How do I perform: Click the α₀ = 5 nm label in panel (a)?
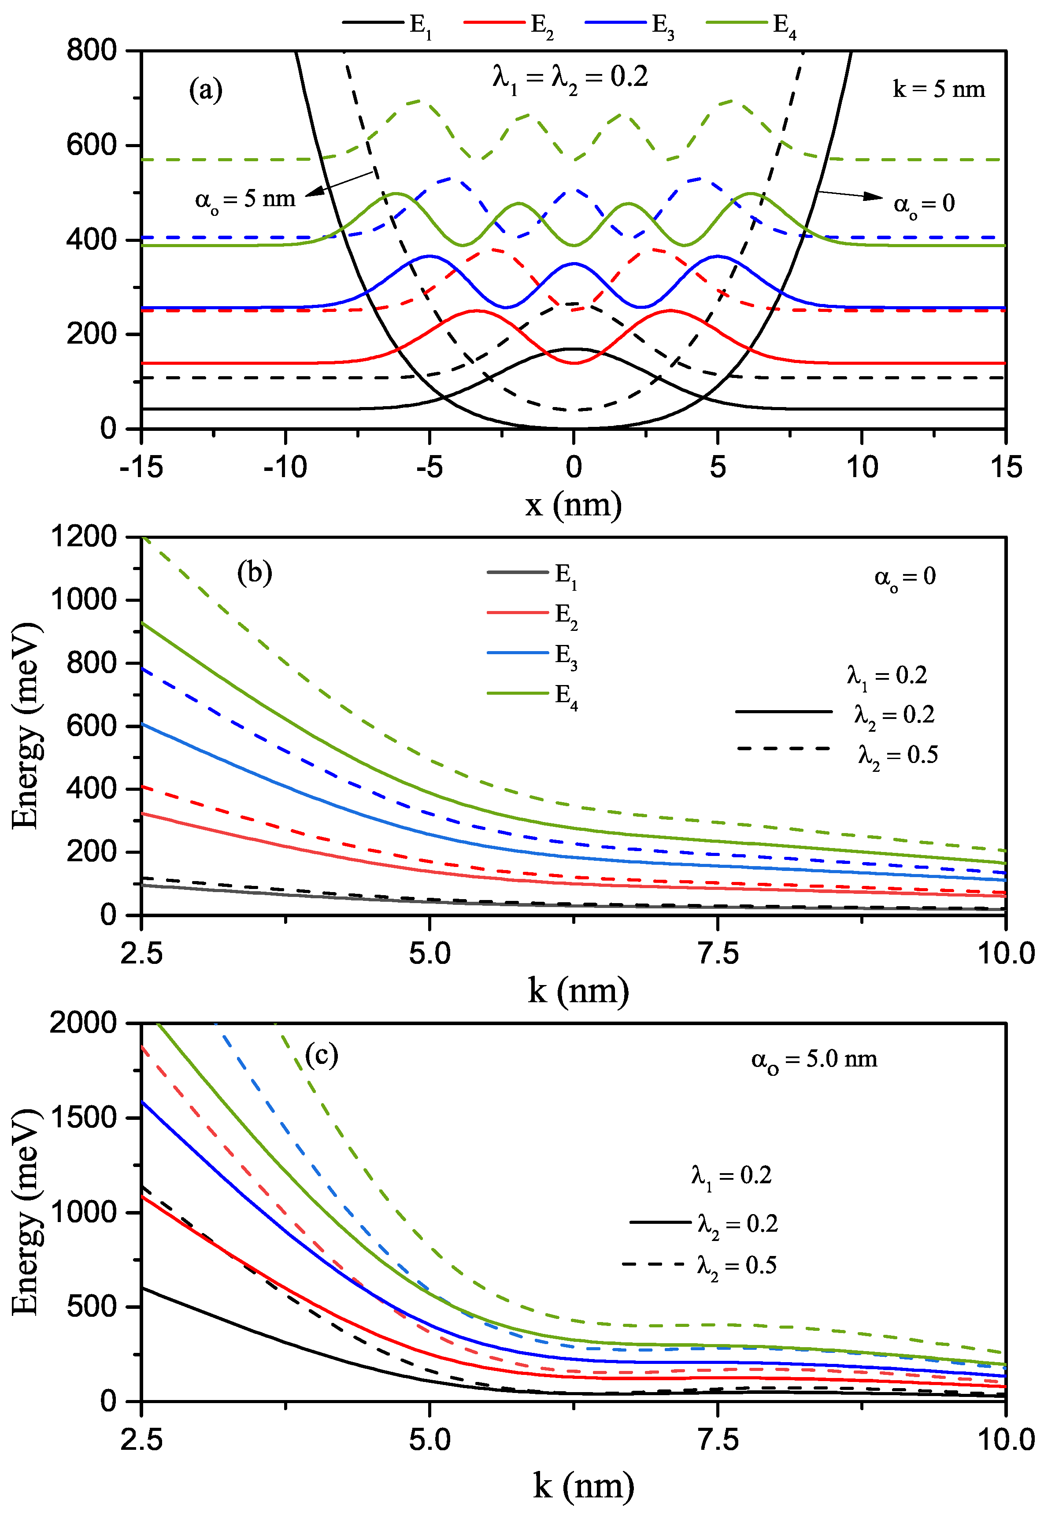tap(245, 199)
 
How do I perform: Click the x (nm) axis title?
tap(573, 504)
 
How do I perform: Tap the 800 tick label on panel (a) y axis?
tap(92, 50)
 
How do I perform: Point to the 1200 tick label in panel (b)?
tap(84, 537)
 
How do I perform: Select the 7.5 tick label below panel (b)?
tap(718, 954)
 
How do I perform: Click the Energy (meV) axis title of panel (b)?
tap(26, 726)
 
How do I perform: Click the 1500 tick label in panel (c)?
tap(84, 1117)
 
